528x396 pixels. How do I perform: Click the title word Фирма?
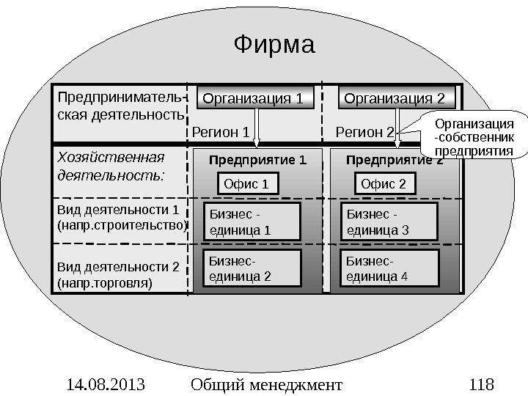coord(274,45)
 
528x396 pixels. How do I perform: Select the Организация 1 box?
coord(252,98)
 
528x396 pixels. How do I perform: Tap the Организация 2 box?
coord(395,98)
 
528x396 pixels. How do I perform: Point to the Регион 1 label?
coord(221,132)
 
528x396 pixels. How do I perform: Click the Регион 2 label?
coord(364,132)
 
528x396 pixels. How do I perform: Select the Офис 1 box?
coord(250,183)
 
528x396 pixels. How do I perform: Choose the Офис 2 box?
coord(384,183)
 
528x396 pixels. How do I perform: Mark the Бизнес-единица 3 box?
coord(391,222)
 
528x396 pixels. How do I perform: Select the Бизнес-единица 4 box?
coord(391,269)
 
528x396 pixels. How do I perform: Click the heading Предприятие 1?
coord(257,159)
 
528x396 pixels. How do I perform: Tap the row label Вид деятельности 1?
coord(121,218)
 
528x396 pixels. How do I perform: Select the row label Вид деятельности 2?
coord(118,273)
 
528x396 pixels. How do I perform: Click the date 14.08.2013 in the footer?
coord(103,384)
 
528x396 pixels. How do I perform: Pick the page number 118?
coord(480,384)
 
